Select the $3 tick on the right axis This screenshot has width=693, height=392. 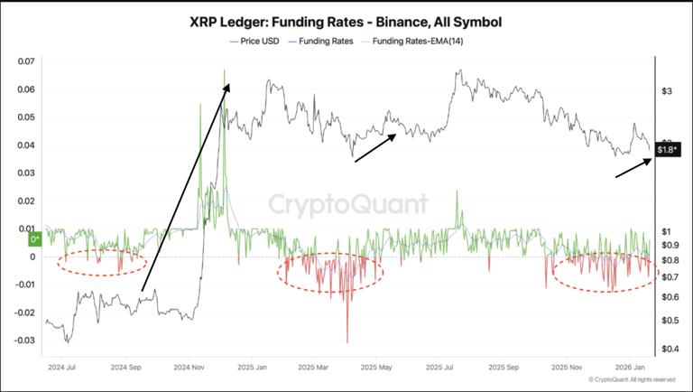click(x=667, y=92)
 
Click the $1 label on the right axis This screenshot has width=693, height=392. click(x=666, y=231)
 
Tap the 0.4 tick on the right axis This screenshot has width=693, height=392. click(x=669, y=350)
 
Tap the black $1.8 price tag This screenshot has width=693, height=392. click(x=668, y=150)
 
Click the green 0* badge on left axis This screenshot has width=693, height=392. click(x=34, y=238)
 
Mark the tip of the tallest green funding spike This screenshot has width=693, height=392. click(x=224, y=70)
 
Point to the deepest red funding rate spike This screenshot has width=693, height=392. click(x=347, y=341)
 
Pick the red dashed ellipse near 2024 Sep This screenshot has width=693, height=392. click(x=102, y=262)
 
